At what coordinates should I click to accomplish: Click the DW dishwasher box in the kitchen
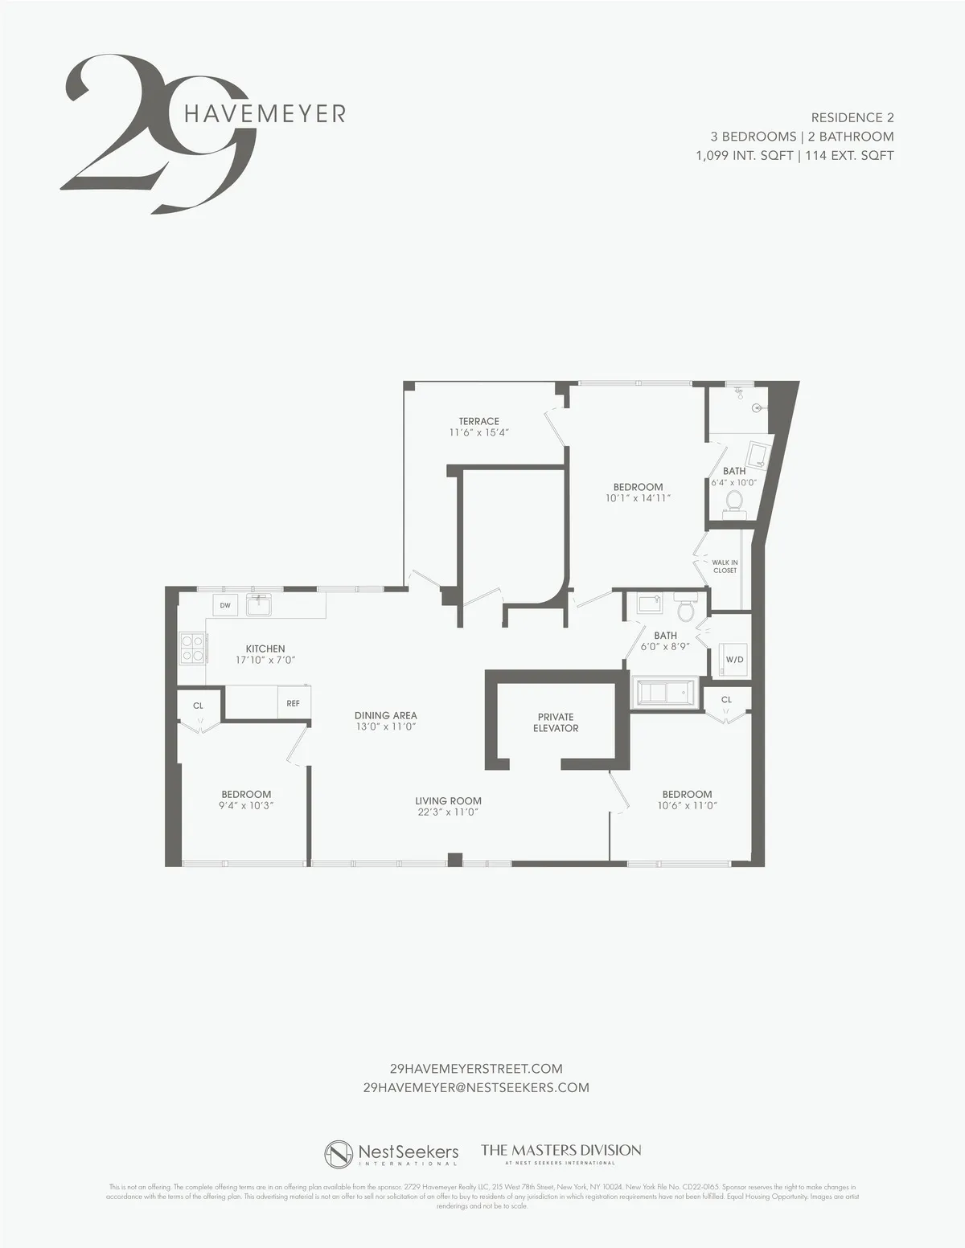pos(225,605)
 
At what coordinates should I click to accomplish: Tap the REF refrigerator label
pos(293,703)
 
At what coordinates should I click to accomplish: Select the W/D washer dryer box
pos(734,659)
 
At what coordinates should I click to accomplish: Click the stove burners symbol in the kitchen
pos(191,648)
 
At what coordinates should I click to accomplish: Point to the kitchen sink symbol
pos(258,604)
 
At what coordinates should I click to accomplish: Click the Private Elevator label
pos(556,722)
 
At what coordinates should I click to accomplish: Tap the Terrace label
pos(479,421)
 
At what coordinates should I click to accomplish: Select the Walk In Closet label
pos(725,567)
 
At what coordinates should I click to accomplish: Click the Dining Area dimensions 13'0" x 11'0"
pos(385,726)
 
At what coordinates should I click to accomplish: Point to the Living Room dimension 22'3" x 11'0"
pos(448,812)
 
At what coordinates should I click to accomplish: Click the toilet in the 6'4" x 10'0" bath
pos(733,501)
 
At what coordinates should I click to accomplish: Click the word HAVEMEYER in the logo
pos(265,113)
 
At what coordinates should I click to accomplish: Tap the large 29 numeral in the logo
pos(153,133)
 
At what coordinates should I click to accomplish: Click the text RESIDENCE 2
pos(852,117)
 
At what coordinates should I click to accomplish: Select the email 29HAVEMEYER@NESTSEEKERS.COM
pos(476,1087)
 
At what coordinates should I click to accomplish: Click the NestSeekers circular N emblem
pos(339,1154)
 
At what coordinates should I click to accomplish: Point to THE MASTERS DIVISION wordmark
pos(561,1150)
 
